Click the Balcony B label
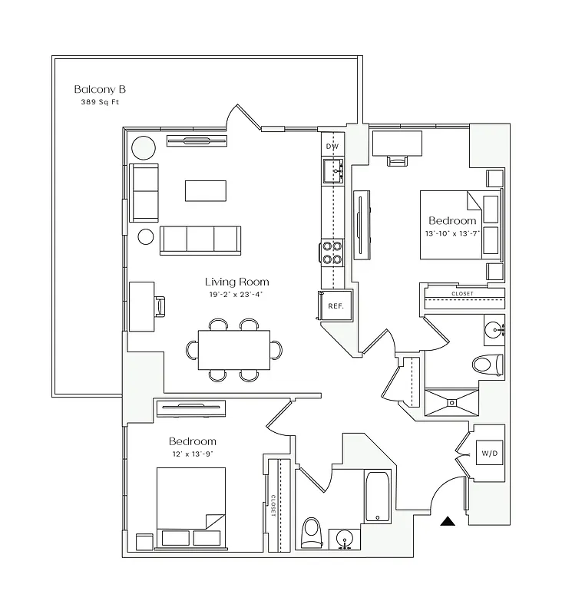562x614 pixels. click(100, 89)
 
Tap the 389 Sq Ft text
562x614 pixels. click(100, 102)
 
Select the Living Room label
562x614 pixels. click(236, 282)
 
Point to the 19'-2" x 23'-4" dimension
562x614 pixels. click(236, 294)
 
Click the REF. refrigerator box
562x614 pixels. click(336, 305)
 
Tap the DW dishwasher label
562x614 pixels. click(332, 147)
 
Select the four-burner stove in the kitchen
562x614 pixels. click(332, 253)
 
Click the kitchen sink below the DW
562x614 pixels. click(333, 170)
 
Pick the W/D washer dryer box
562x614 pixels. click(489, 454)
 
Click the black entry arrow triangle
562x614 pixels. click(448, 522)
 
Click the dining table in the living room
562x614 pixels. click(233, 349)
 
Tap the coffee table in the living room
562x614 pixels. click(205, 190)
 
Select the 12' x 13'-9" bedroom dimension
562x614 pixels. click(192, 454)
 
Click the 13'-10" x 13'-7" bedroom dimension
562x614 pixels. click(452, 233)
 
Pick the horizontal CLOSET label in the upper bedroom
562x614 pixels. click(462, 294)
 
